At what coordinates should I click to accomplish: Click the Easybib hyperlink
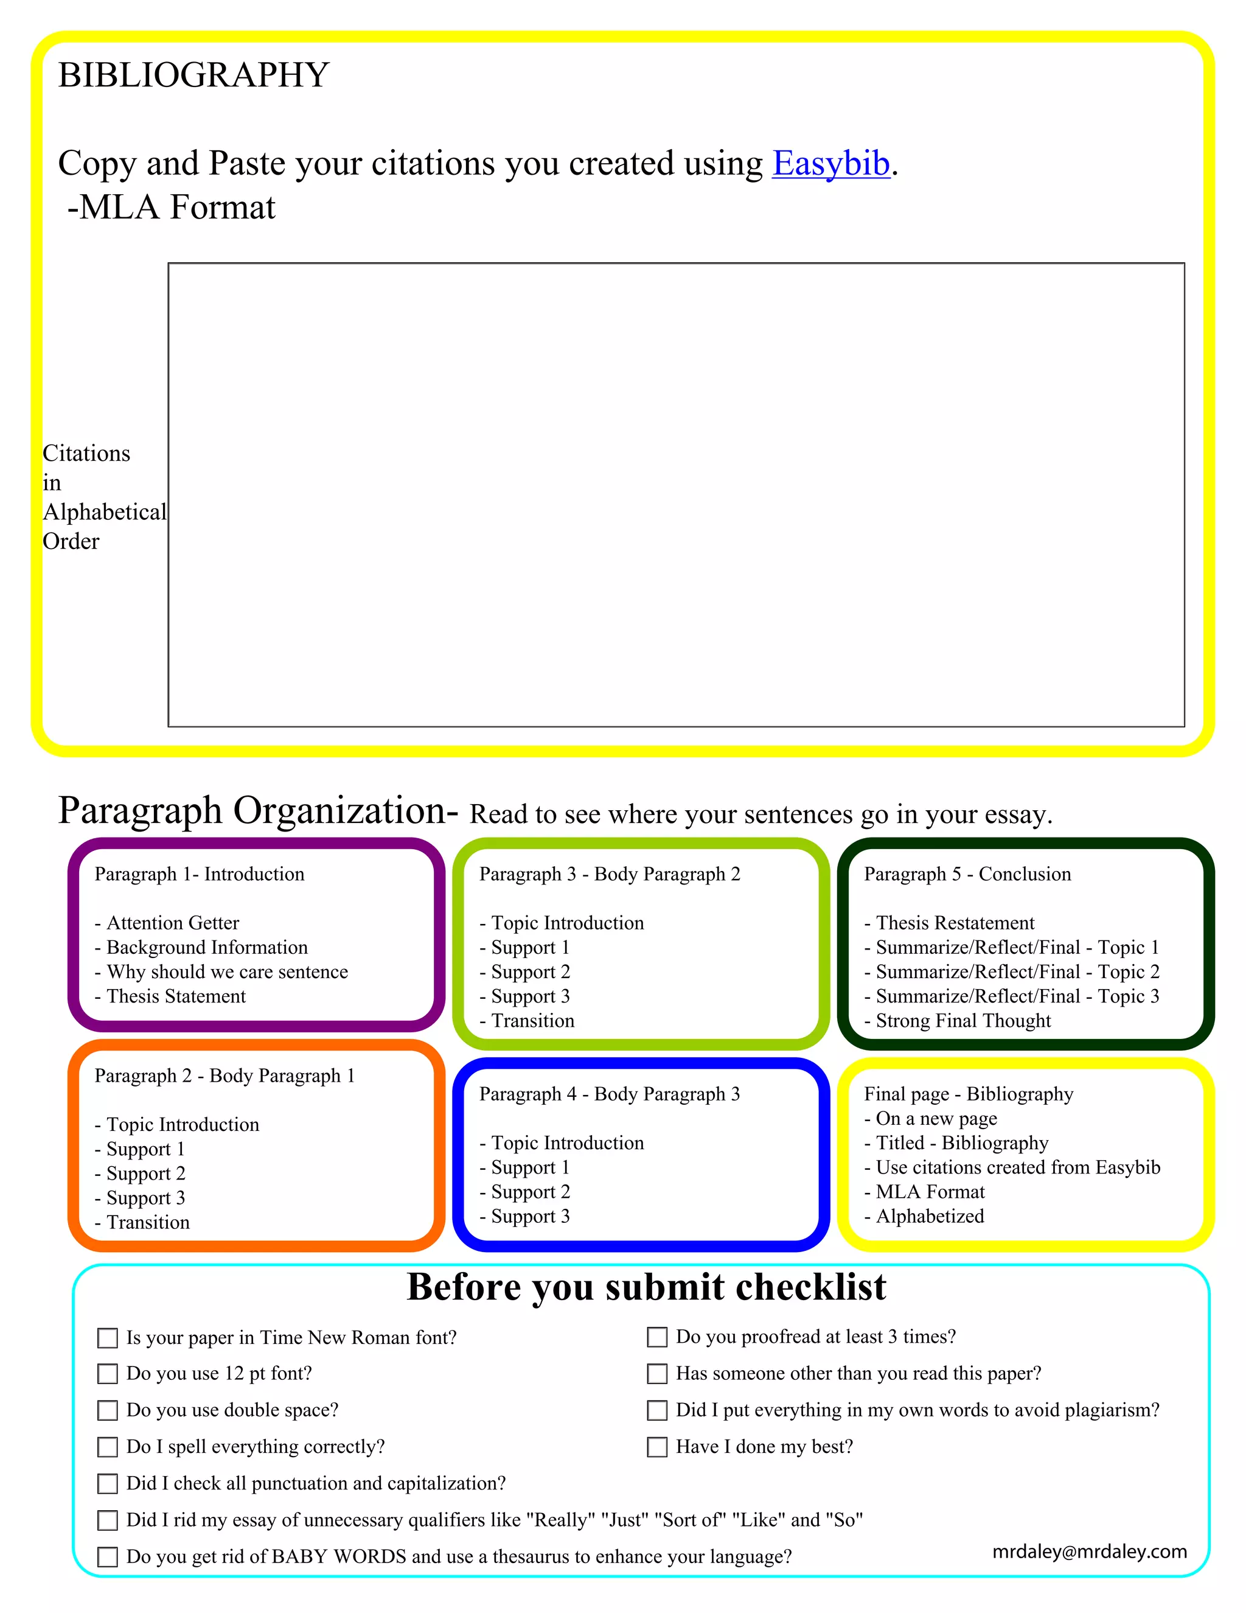830,163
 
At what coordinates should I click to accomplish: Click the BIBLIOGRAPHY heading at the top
193,75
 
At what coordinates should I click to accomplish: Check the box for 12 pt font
108,1374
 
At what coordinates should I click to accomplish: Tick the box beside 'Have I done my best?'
657,1446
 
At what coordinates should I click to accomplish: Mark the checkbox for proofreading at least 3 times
657,1337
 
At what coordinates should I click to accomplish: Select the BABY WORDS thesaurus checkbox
108,1557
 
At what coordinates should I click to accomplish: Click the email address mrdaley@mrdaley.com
1090,1551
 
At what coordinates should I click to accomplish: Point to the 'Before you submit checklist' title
646,1287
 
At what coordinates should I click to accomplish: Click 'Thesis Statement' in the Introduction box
176,996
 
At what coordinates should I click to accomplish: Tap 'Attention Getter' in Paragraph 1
173,923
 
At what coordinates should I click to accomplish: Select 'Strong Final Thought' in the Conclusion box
962,1021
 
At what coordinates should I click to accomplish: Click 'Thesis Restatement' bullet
955,923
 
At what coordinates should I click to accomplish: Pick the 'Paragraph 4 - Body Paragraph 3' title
609,1094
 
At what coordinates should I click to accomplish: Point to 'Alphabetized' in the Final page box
930,1216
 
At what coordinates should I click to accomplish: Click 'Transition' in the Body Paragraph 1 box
148,1222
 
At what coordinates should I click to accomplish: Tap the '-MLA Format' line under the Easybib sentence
171,208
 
